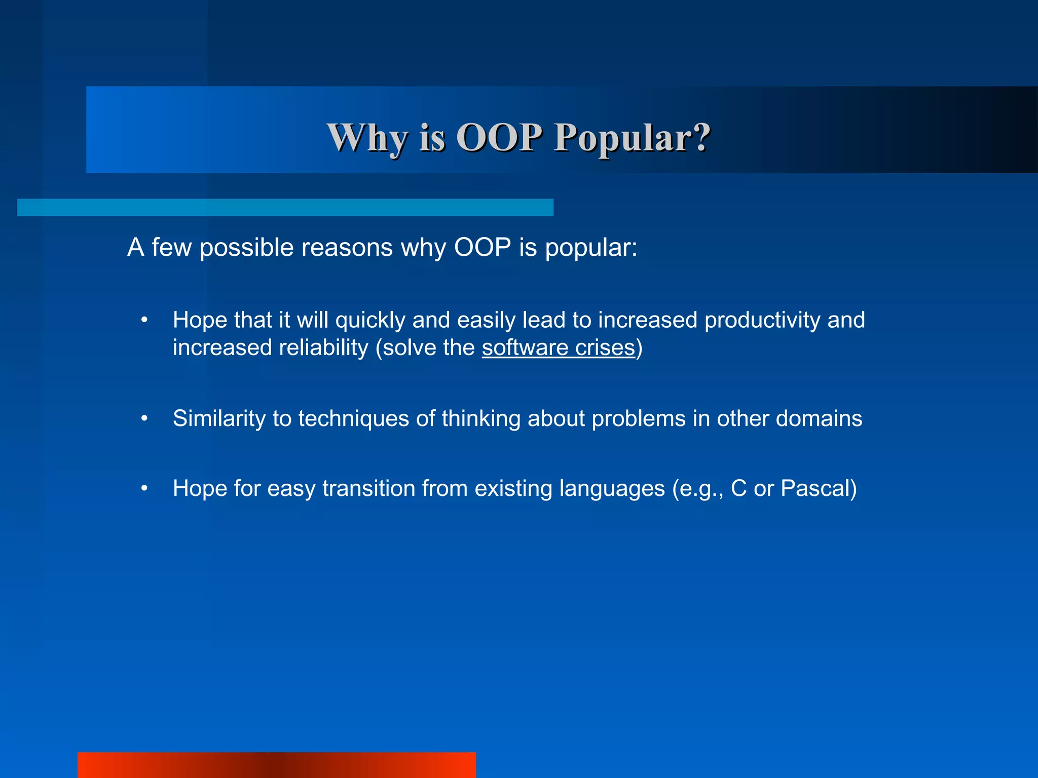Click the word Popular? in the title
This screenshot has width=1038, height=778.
(632, 138)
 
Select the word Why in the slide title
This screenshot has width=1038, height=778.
(367, 138)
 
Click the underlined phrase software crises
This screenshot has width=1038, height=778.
(558, 348)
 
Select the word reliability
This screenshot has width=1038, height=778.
(321, 348)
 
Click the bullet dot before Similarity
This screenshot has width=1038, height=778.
(144, 419)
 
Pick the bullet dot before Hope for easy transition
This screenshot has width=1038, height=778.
(144, 489)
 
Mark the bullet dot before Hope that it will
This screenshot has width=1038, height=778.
(144, 320)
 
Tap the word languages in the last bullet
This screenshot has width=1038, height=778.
(611, 489)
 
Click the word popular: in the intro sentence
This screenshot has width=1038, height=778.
(591, 248)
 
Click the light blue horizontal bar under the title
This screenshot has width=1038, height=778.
(285, 208)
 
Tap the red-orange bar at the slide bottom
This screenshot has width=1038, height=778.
(276, 765)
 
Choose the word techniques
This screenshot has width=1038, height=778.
(353, 419)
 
